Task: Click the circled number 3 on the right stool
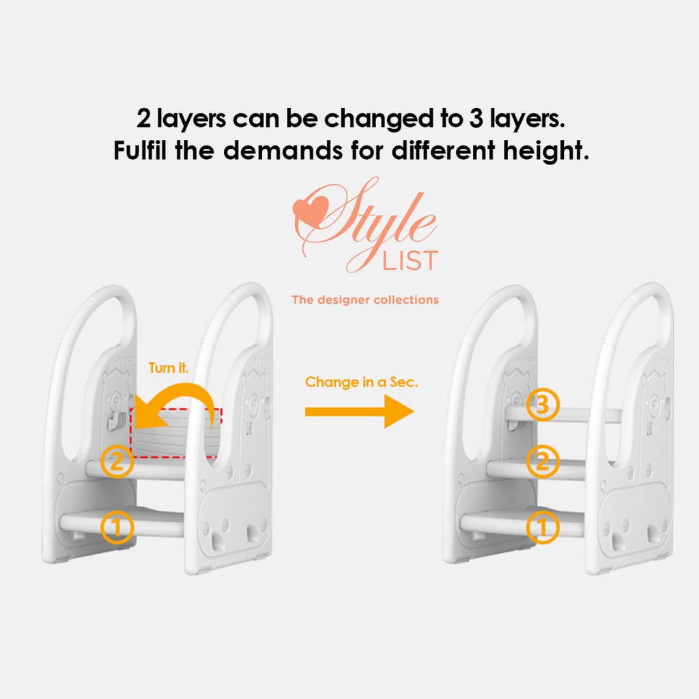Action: (x=543, y=405)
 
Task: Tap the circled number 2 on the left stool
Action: (x=117, y=462)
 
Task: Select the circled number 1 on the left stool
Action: (x=117, y=528)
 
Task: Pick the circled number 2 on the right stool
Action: (x=543, y=461)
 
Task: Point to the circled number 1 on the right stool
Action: (x=543, y=528)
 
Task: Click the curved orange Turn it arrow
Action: (x=187, y=387)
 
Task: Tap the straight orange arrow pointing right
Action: (x=359, y=412)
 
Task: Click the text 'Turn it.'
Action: (x=169, y=368)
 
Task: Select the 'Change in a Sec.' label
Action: (x=362, y=382)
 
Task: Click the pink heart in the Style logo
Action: (x=310, y=210)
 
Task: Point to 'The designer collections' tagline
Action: (x=365, y=300)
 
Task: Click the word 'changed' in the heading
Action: (x=378, y=119)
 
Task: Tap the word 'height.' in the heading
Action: (x=546, y=150)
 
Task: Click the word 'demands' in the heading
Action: (x=283, y=150)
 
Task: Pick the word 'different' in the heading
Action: (x=443, y=150)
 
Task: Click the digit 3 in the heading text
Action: (x=476, y=119)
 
